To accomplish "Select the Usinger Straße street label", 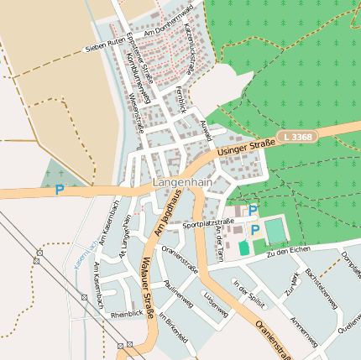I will click(245, 149).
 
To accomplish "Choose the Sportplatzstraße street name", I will click(207, 224).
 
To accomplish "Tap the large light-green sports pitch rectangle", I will click(275, 229).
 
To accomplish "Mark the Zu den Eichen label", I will click(288, 250).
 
